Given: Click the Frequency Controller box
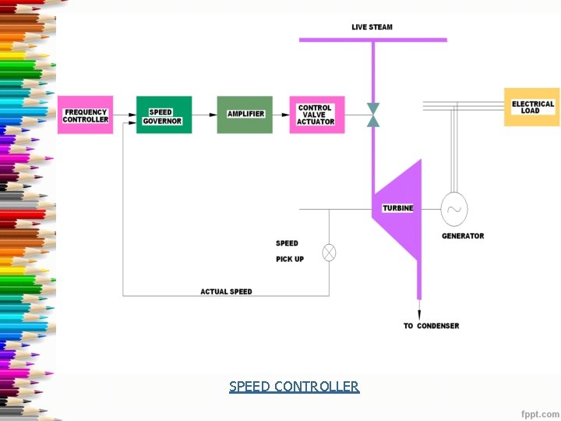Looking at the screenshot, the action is pos(86,115).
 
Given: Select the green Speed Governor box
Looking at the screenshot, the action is pos(164,115).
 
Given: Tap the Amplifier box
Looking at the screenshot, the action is pos(245,115).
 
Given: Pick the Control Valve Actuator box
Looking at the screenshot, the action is pos(316,115).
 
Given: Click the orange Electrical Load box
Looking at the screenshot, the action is pos(532,108).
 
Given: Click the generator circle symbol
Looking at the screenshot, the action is pos(453,208).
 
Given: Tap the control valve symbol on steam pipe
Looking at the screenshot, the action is pos(373,115).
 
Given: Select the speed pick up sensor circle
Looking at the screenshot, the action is pos(329,253).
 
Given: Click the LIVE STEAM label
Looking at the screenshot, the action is pos(372,27).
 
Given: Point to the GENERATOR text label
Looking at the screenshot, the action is pos(463,235).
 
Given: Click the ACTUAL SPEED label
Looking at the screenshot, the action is pos(226,292).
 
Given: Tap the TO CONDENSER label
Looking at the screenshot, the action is pos(432,326).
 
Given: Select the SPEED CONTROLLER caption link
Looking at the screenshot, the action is pos(295,387).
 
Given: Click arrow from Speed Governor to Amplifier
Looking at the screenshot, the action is pos(204,115).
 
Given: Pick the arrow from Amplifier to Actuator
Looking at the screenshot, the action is pos(281,115).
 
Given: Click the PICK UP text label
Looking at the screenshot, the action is pos(290,259).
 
